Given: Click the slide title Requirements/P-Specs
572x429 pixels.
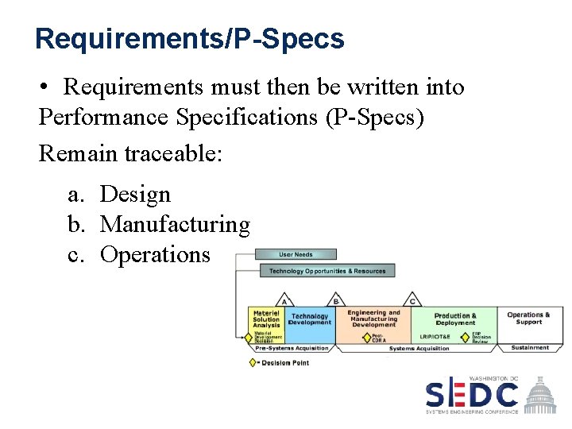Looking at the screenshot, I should [190, 38].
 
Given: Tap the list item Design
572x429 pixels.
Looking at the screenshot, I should [136, 194].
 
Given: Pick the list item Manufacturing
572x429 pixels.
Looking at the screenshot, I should [175, 225].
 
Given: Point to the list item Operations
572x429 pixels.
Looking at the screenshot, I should [156, 254].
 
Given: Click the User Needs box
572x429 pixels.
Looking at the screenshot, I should [296, 255].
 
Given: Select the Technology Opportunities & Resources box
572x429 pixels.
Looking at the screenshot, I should [327, 272].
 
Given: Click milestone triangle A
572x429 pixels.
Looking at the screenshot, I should [284, 301].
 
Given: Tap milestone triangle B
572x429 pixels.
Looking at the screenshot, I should [336, 301].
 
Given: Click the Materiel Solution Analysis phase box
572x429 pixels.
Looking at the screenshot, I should [267, 319].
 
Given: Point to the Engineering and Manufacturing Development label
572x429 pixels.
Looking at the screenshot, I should [373, 318].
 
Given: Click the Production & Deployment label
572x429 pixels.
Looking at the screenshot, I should [455, 319].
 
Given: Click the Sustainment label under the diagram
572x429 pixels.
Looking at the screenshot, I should [530, 348].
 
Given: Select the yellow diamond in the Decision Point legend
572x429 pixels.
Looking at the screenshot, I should [253, 363].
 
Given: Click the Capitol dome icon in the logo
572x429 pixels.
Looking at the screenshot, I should [543, 392].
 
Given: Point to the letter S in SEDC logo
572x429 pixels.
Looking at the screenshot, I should [438, 395].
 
